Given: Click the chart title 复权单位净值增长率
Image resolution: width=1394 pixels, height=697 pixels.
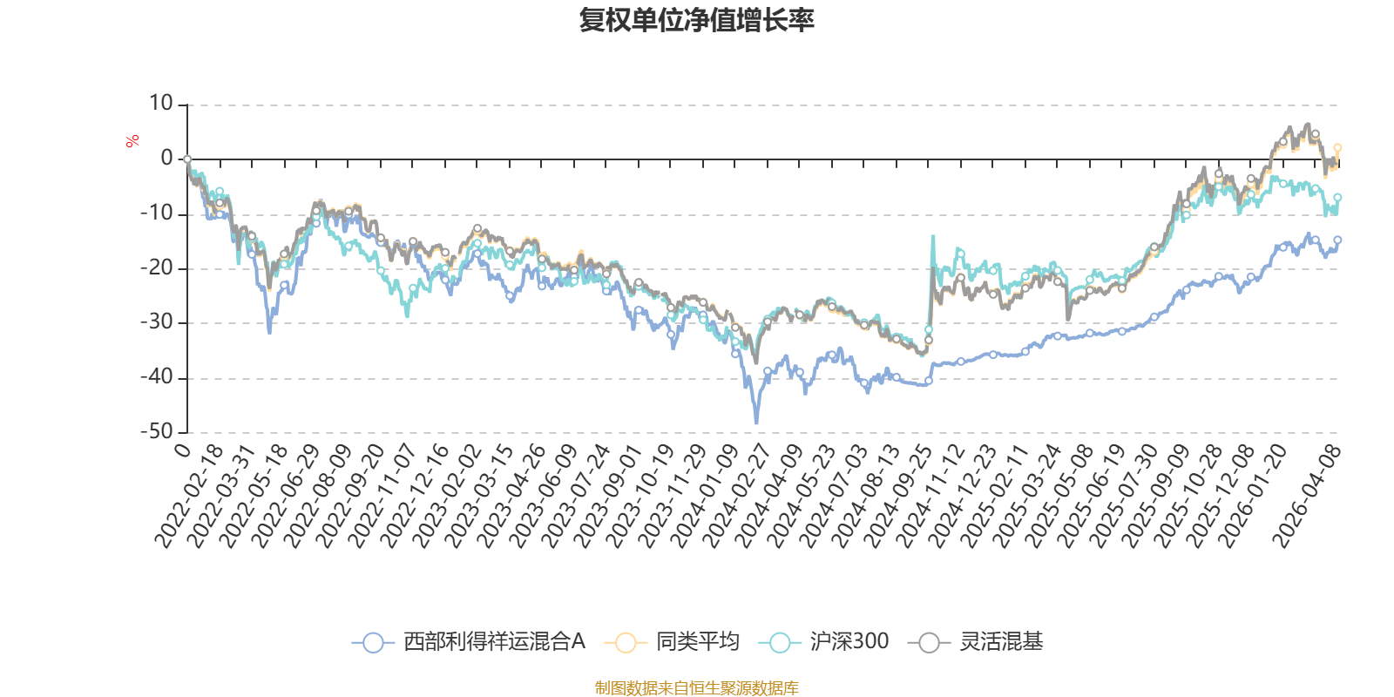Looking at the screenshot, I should pyautogui.click(x=696, y=21).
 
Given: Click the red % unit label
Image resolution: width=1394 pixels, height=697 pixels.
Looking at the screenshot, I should pyautogui.click(x=132, y=141).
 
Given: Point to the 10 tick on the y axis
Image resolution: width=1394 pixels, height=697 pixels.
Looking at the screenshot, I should pyautogui.click(x=161, y=104).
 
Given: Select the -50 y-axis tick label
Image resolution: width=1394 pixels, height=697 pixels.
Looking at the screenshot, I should pyautogui.click(x=157, y=431).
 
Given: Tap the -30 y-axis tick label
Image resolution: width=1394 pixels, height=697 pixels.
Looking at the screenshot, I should pyautogui.click(x=157, y=322).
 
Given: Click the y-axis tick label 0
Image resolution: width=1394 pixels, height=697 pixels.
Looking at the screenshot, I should pyautogui.click(x=166, y=159).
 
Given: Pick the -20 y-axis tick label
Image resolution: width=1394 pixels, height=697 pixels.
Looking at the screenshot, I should pyautogui.click(x=157, y=267).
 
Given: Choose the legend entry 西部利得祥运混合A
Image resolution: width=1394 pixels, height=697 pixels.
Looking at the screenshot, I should pyautogui.click(x=469, y=642).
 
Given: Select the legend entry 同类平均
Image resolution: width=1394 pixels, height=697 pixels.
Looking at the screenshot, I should pyautogui.click(x=677, y=642).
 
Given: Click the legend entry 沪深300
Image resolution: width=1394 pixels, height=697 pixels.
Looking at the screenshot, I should pyautogui.click(x=824, y=642).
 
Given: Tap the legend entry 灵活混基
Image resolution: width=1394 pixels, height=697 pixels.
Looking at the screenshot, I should pyautogui.click(x=976, y=642).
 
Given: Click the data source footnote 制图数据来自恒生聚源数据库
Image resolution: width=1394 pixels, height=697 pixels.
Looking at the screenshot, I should pyautogui.click(x=696, y=688).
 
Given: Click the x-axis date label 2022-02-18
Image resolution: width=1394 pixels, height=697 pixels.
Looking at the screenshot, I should pyautogui.click(x=189, y=497).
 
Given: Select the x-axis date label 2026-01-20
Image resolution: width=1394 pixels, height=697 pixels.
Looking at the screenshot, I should pyautogui.click(x=1253, y=497).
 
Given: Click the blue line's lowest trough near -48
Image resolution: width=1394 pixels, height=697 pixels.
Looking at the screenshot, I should pyautogui.click(x=756, y=423).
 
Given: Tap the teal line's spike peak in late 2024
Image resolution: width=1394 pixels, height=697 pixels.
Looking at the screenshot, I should pyautogui.click(x=933, y=235).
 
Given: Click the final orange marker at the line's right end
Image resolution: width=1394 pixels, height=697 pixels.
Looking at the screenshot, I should pyautogui.click(x=1337, y=148).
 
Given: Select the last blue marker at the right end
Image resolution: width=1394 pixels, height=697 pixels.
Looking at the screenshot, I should pyautogui.click(x=1337, y=240).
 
